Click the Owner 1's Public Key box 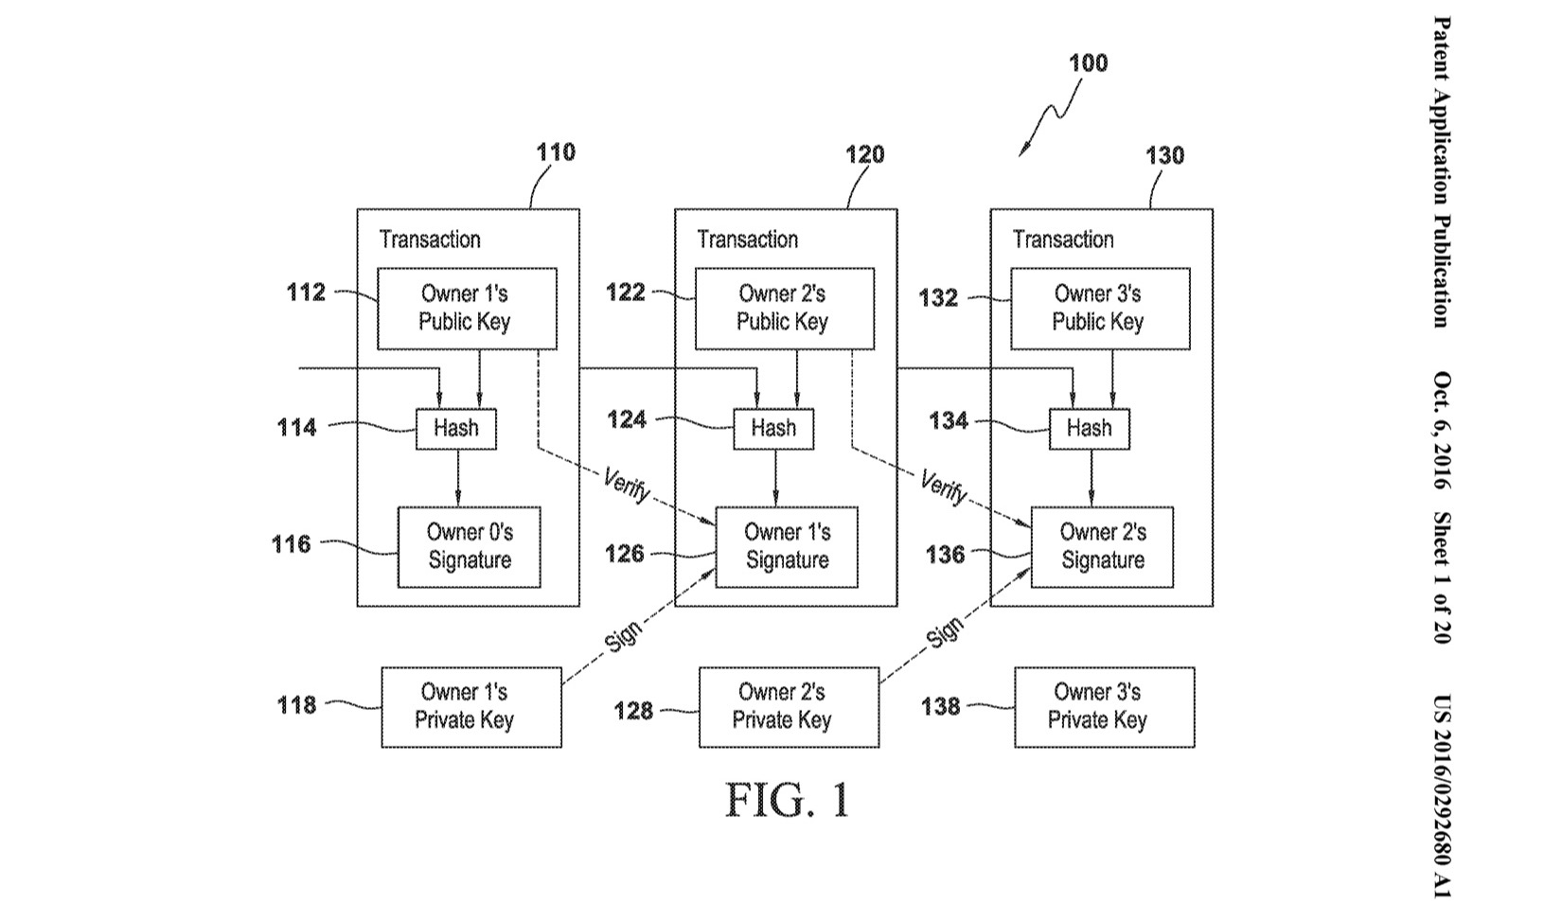coord(467,309)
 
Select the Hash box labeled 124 coord(773,429)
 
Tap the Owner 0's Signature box coord(469,546)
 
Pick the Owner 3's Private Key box coord(1104,707)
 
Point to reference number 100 coord(1088,63)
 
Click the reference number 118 coord(296,705)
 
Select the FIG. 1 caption coord(788,800)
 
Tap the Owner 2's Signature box coord(1102,546)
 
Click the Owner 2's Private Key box coord(789,707)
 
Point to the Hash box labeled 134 coord(1090,429)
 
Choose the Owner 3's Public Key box coord(1100,309)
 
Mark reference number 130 coord(1164,155)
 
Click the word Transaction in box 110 coord(430,239)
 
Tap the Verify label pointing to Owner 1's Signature coord(627,487)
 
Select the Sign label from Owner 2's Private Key coord(944,631)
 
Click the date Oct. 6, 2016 coord(1441,431)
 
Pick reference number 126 coord(625,554)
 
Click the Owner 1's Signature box coord(787,546)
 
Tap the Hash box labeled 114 coord(456,429)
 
